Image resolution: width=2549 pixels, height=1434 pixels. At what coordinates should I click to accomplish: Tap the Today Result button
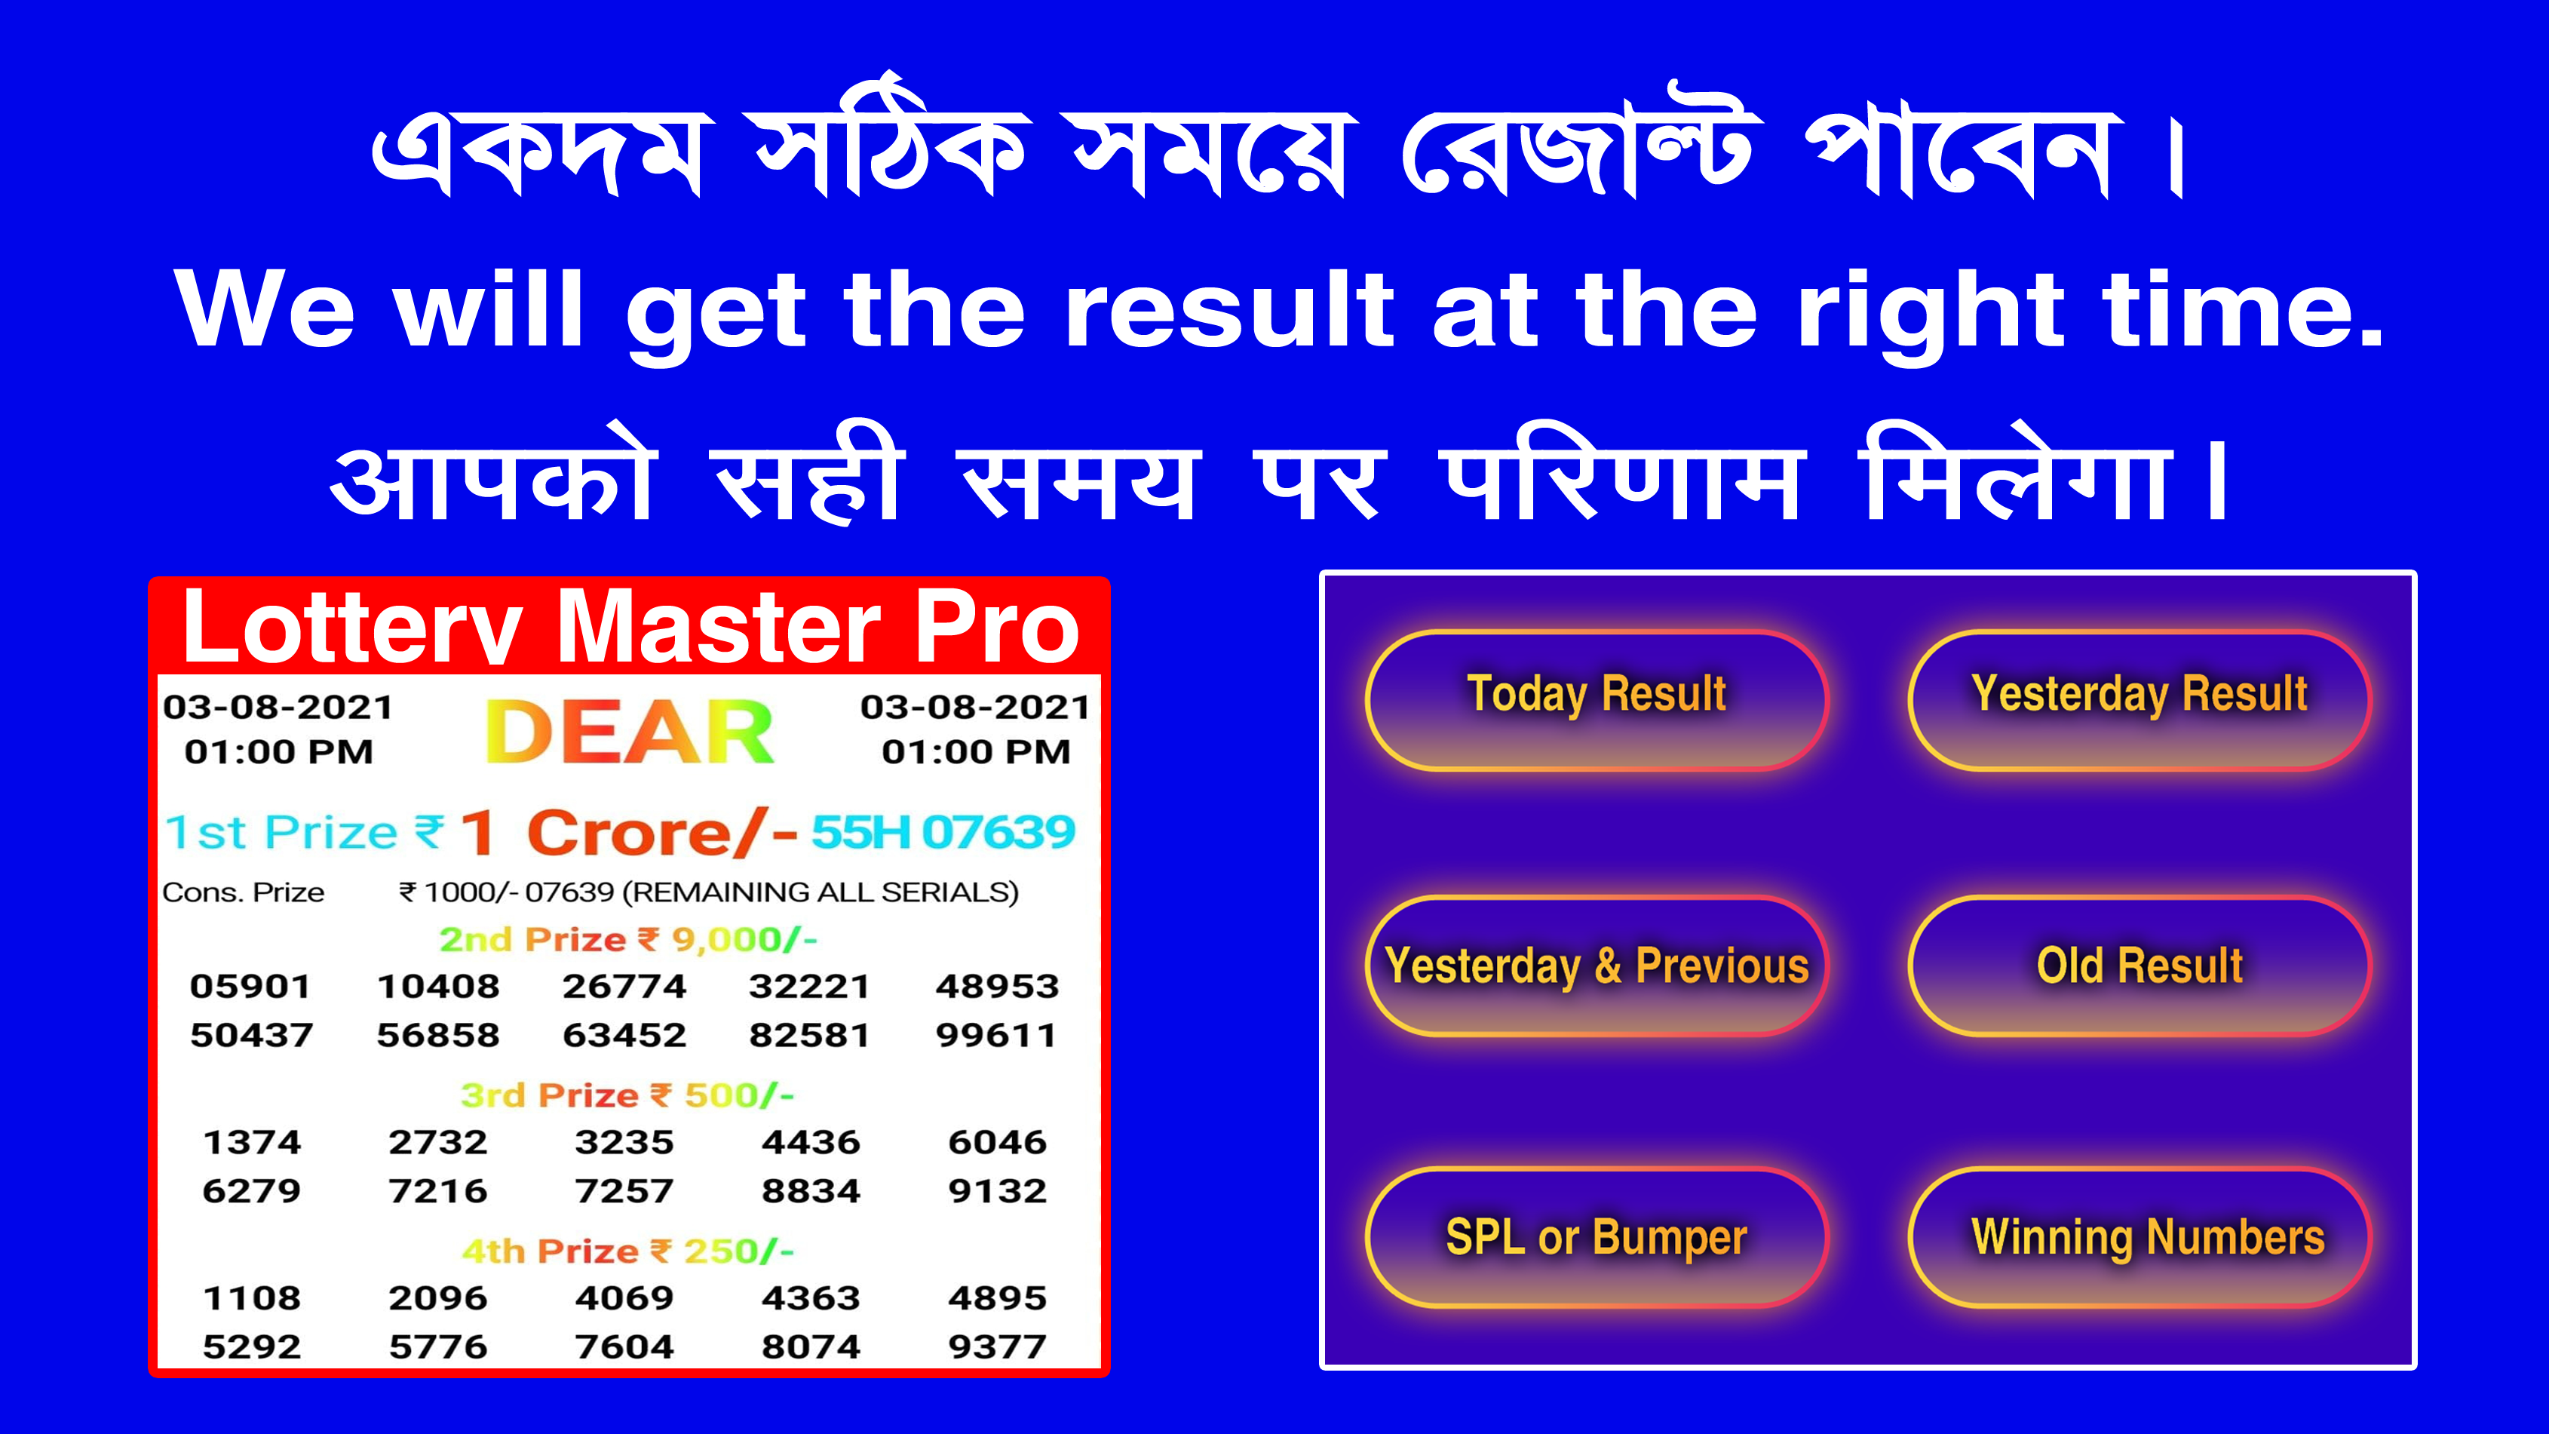1596,700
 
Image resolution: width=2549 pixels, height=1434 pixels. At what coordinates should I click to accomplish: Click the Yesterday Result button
2140,700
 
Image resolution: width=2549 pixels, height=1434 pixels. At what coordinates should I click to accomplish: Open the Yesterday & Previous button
1596,966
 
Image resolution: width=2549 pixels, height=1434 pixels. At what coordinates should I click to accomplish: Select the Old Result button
2140,966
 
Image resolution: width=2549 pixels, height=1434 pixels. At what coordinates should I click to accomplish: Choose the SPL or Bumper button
1596,1237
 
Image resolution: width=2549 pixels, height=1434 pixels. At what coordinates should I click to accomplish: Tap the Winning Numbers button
2140,1237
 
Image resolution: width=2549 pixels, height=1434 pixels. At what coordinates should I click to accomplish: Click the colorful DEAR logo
630,732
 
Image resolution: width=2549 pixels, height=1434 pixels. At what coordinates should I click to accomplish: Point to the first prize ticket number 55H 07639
943,831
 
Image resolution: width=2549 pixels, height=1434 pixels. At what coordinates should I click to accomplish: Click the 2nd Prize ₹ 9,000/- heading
628,939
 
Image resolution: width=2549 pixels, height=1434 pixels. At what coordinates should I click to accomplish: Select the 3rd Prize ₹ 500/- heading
627,1095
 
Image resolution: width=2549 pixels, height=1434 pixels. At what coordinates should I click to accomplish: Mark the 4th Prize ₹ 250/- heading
627,1251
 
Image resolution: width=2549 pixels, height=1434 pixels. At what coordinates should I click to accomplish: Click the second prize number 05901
251,986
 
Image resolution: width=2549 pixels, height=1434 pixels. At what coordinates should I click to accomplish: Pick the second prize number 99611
996,1035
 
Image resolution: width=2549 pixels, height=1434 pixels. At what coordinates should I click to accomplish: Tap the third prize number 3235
624,1142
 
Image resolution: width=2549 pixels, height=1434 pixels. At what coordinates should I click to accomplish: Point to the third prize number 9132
998,1190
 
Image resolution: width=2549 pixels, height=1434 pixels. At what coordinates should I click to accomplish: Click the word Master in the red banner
719,628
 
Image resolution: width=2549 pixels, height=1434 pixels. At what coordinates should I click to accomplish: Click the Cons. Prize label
244,892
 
